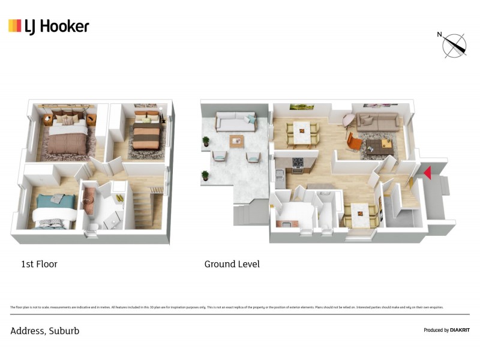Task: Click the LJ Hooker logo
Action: [49, 26]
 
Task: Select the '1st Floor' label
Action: [39, 264]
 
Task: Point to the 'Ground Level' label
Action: [232, 264]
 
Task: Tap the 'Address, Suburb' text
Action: [44, 331]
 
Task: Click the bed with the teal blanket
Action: [54, 210]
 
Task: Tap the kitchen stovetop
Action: [298, 162]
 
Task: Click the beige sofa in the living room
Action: [376, 122]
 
